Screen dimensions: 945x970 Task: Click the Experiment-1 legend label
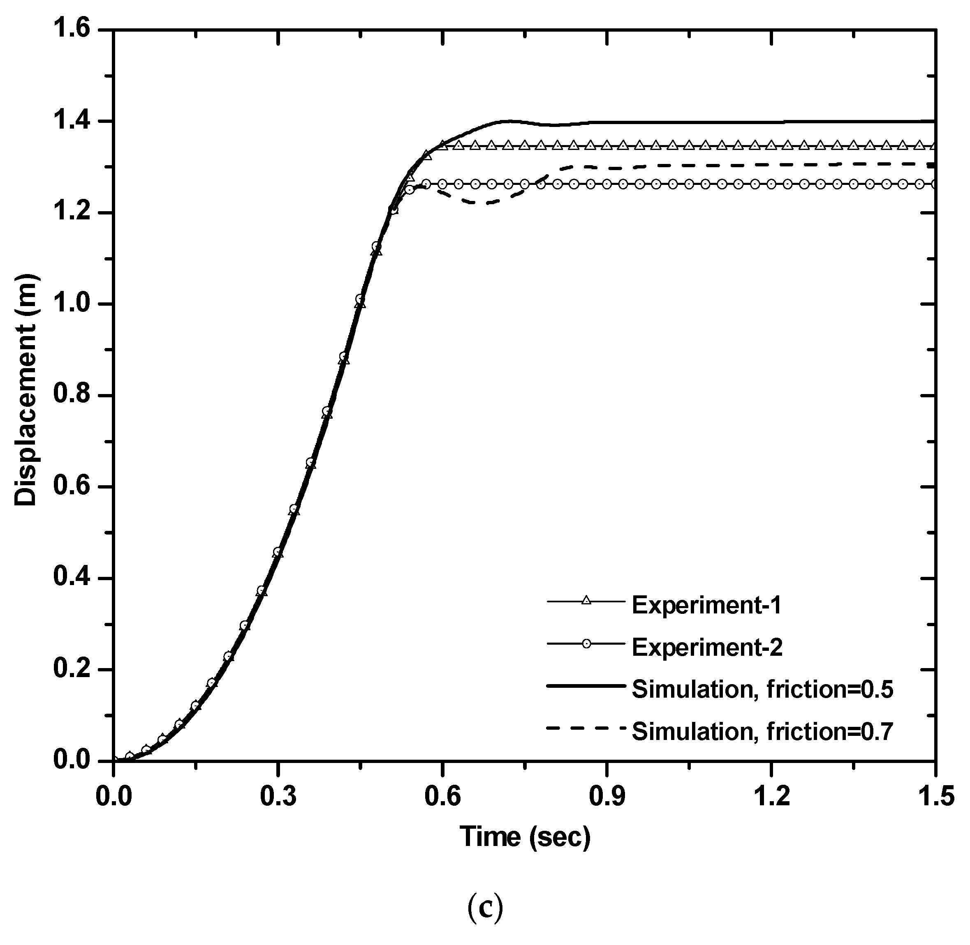pyautogui.click(x=706, y=606)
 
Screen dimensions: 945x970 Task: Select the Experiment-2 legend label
pyautogui.click(x=707, y=648)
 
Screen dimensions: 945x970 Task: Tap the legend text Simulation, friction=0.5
pyautogui.click(x=762, y=690)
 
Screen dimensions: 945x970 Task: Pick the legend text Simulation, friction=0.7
pyautogui.click(x=762, y=732)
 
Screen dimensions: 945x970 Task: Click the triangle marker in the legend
pyautogui.click(x=586, y=601)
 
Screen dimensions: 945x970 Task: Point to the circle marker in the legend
pyautogui.click(x=586, y=644)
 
